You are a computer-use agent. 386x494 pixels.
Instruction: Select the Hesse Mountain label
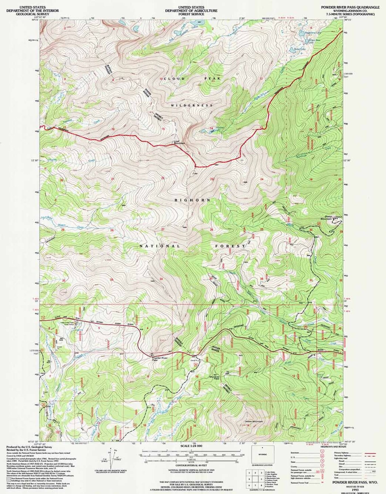click(254, 421)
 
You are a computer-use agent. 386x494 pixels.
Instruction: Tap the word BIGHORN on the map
click(192, 200)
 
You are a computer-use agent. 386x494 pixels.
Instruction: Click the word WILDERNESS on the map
click(192, 105)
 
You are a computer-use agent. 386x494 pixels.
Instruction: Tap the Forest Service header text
click(191, 14)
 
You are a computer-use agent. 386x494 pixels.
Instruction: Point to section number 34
click(161, 279)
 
